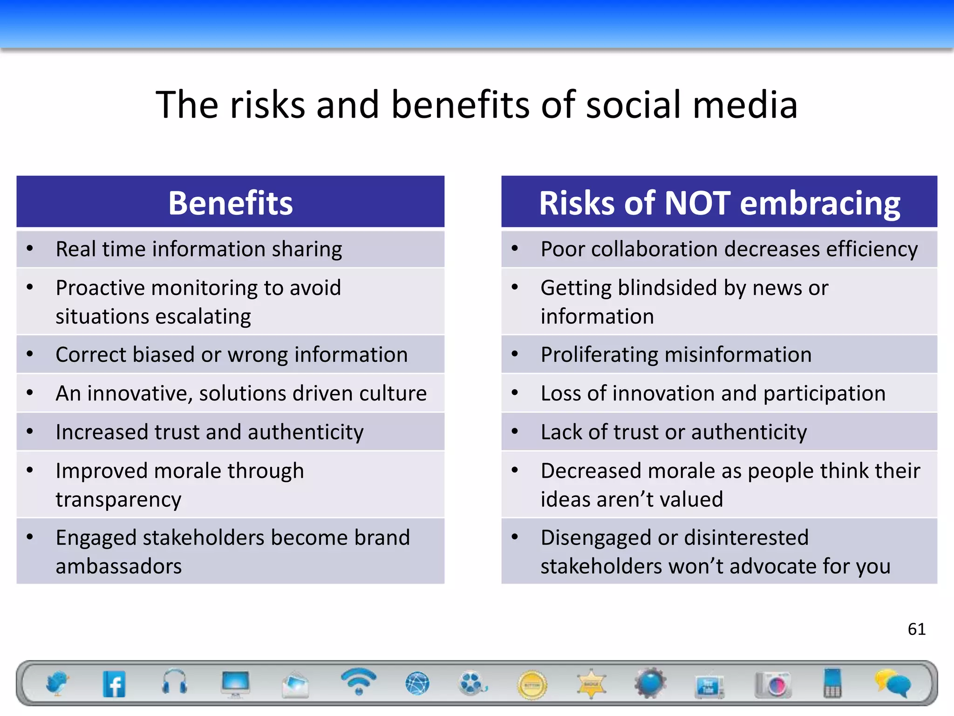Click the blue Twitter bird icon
click(x=57, y=683)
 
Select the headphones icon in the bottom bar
click(x=175, y=682)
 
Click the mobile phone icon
click(x=832, y=683)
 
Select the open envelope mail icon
click(x=295, y=684)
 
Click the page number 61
click(x=916, y=629)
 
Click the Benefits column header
click(x=231, y=203)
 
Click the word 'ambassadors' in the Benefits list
click(x=119, y=566)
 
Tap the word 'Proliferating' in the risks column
click(x=599, y=355)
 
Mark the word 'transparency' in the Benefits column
click(x=118, y=500)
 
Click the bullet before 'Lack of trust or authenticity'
click(x=515, y=432)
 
